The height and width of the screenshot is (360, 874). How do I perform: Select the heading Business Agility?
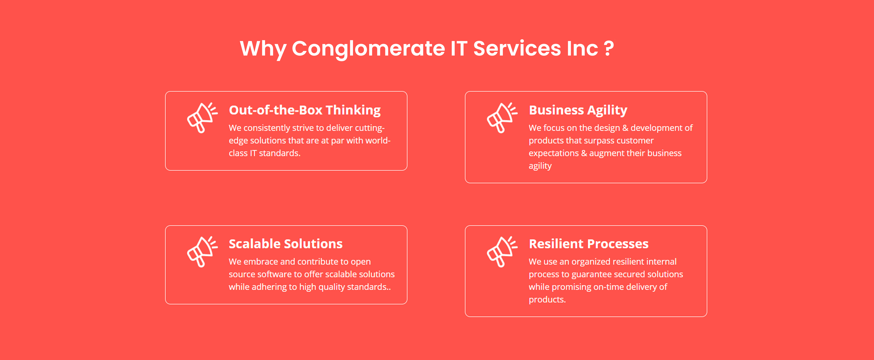tap(578, 110)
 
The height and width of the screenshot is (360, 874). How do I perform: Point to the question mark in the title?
tap(609, 48)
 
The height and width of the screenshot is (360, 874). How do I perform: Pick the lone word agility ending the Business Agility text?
tap(540, 166)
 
